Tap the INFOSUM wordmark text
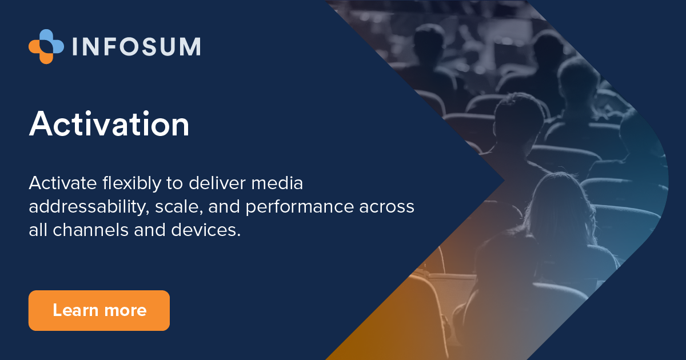(136, 47)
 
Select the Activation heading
(109, 123)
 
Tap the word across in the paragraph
(388, 207)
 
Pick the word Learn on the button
(73, 311)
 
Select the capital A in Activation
(42, 123)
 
